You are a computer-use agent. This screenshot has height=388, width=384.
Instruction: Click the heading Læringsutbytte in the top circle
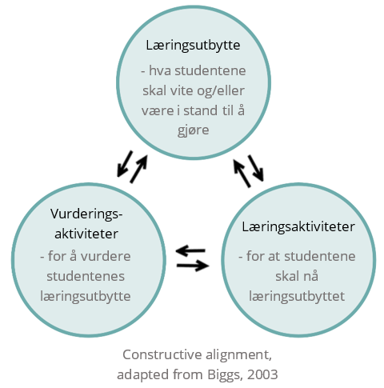click(x=193, y=46)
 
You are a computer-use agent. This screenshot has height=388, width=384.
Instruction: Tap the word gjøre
click(x=193, y=130)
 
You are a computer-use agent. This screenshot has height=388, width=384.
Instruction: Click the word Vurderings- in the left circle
click(x=86, y=214)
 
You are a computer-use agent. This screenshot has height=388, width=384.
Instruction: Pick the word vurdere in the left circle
click(x=106, y=256)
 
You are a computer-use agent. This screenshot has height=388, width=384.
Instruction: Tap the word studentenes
click(x=86, y=276)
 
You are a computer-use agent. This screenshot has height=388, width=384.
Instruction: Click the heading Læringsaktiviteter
click(x=298, y=227)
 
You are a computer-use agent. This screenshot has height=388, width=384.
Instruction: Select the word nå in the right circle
click(x=310, y=276)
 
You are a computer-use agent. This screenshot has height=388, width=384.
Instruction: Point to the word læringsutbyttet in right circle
click(x=297, y=297)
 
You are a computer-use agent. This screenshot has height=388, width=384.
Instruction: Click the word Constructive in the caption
click(x=162, y=355)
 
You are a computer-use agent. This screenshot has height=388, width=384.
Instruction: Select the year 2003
click(x=262, y=374)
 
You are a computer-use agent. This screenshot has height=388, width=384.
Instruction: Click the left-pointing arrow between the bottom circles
click(x=190, y=250)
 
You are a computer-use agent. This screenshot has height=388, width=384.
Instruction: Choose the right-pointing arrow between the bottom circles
click(x=193, y=266)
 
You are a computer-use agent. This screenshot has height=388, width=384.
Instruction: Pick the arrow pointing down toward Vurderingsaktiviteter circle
click(x=125, y=163)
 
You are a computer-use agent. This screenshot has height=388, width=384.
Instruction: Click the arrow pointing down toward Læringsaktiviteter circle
click(x=256, y=168)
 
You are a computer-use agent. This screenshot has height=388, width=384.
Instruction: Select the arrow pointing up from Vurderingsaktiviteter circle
click(x=138, y=169)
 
